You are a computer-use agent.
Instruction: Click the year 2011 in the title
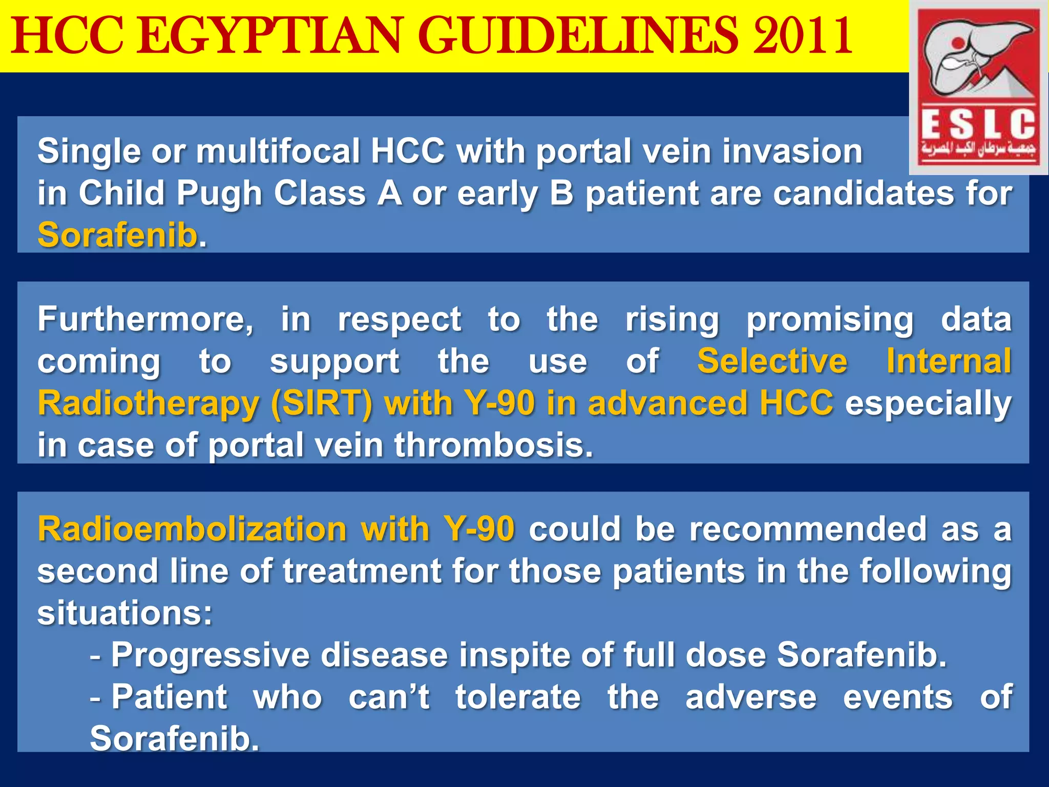[802, 36]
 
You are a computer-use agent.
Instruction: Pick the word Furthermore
[145, 320]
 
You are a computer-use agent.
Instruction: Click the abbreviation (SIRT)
[322, 404]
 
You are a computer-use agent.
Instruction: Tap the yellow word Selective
[772, 362]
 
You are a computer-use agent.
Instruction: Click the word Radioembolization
[192, 529]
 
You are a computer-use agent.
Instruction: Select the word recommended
[808, 529]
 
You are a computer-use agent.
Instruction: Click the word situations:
[124, 613]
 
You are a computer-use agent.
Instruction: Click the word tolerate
[518, 697]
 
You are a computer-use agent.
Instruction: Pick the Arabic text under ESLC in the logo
[978, 149]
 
